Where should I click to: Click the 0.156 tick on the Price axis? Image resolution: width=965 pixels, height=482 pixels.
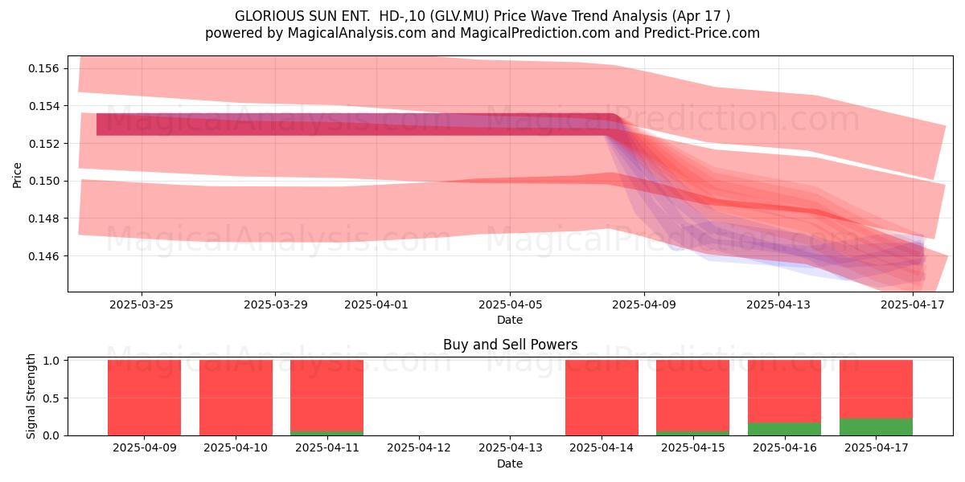coord(44,68)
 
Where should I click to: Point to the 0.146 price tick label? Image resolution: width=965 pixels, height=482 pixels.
coord(44,256)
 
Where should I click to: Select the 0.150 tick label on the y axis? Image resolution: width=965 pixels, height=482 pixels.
coord(44,182)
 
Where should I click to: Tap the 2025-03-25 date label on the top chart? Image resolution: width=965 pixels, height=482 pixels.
coord(142,304)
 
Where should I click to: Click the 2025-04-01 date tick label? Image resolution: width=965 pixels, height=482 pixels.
coord(376,304)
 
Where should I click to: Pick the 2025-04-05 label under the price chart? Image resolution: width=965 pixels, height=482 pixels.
coord(510,304)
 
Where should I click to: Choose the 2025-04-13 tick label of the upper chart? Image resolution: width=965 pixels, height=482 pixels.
coord(778,304)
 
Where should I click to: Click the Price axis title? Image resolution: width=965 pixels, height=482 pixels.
coord(17,175)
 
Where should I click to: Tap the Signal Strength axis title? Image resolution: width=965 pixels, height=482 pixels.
coord(31,396)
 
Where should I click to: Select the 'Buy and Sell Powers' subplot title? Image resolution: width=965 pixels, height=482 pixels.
coord(510,345)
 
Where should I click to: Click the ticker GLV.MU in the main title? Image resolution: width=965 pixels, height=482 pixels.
coord(460,16)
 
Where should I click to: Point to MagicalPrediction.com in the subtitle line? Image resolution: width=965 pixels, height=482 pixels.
coord(535,33)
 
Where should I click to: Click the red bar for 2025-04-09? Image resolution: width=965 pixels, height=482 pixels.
coord(144,398)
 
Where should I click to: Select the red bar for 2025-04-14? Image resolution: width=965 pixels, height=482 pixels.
coord(602,398)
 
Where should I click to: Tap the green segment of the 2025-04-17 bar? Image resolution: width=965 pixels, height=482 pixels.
coord(877,427)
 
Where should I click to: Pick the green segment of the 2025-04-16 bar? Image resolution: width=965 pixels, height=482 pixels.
coord(785,429)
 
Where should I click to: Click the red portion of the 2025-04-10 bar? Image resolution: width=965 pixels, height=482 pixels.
coord(236,398)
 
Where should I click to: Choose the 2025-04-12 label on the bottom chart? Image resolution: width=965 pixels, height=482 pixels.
coord(419,448)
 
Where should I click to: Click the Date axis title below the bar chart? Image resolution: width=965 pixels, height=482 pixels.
coord(510,464)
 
